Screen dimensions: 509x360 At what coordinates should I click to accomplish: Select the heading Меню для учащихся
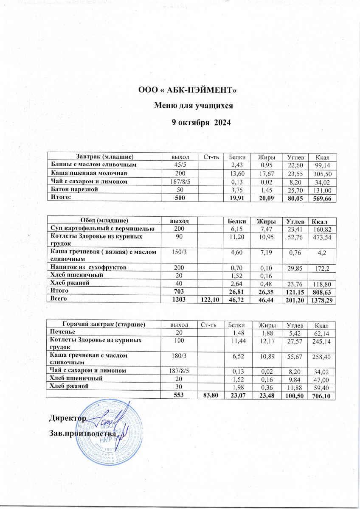pos(194,106)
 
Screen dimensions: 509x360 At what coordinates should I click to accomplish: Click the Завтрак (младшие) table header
pos(105,157)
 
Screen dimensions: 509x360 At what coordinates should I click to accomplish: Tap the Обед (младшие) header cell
pos(104,220)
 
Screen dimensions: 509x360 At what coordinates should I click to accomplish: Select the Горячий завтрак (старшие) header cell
pos(104,324)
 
